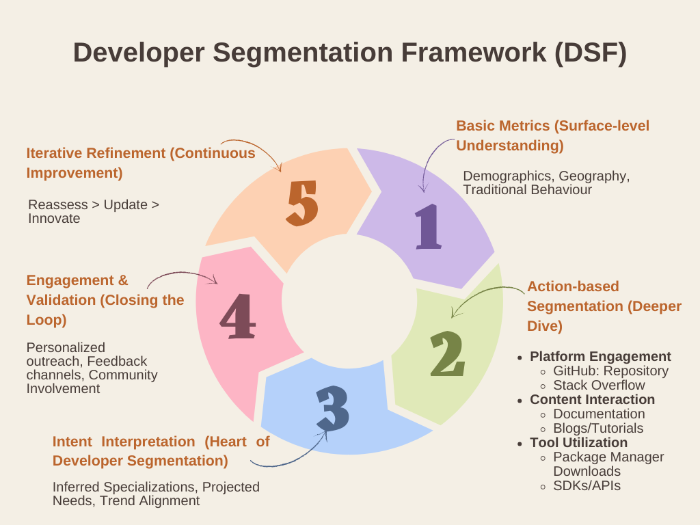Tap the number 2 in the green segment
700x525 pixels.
tap(448, 355)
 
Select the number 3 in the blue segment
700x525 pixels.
tap(333, 408)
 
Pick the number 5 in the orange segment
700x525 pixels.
tap(302, 203)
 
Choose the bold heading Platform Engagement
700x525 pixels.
tap(600, 356)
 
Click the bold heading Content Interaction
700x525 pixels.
tap(592, 399)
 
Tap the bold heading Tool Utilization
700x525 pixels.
tap(578, 442)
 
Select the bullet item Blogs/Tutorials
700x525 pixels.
tap(598, 428)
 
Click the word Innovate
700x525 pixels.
tap(54, 219)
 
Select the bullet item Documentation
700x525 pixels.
tap(599, 414)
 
